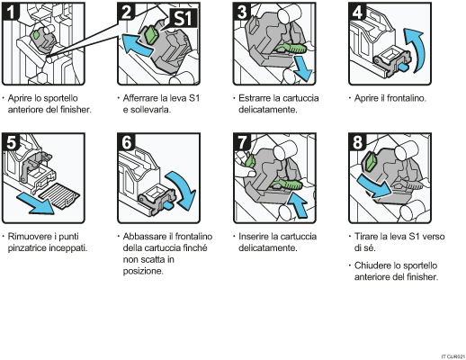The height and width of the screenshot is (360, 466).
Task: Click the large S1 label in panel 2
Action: click(x=175, y=18)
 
